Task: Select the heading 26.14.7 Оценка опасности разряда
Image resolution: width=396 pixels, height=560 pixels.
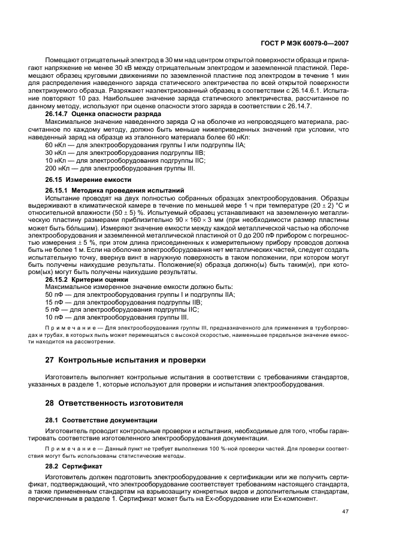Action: point(95,113)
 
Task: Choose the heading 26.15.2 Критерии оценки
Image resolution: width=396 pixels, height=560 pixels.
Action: point(86,279)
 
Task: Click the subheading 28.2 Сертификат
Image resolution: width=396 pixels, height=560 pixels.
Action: point(74,464)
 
